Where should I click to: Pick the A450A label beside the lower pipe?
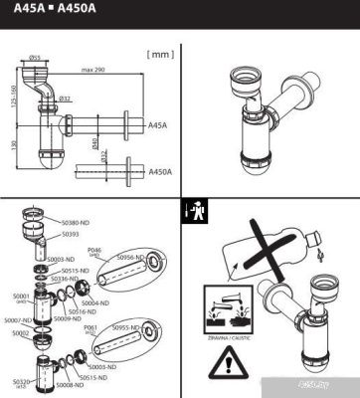159,172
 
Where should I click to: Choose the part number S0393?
70,234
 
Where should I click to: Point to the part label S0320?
21,380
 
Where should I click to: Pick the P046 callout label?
95,251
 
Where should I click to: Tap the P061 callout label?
90,325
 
